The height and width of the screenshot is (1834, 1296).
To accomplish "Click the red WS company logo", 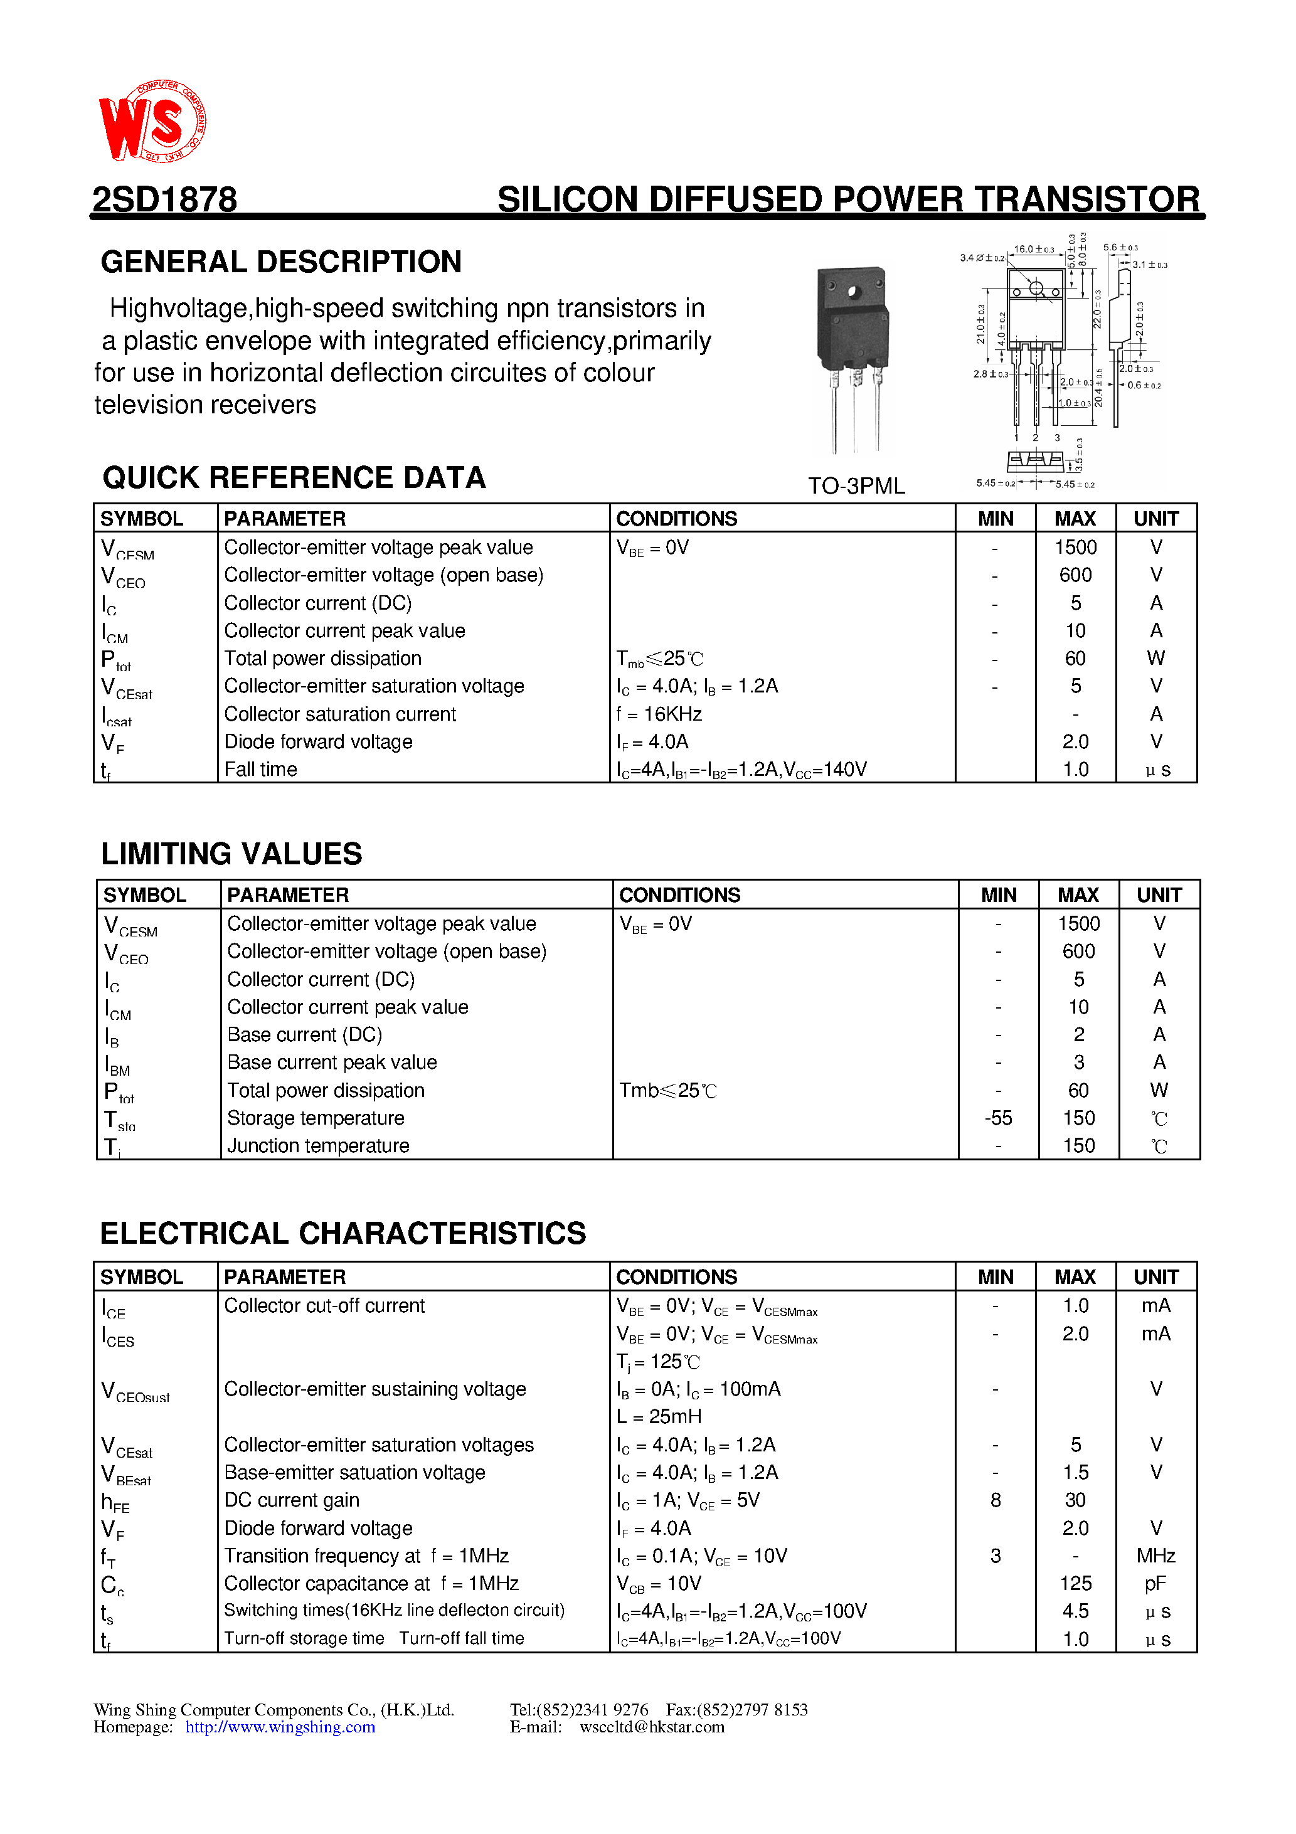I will (x=152, y=122).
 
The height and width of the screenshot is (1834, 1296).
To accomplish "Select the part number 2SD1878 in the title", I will (x=164, y=199).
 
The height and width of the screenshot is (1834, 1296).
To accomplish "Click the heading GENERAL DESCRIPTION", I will (x=281, y=262).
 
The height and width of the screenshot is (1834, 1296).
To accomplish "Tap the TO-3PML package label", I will (x=856, y=485).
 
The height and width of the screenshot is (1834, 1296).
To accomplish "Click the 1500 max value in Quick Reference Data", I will (x=1075, y=548).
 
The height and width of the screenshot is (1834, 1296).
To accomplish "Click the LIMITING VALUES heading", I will (x=231, y=854).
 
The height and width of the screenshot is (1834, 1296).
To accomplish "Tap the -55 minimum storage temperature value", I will (x=998, y=1118).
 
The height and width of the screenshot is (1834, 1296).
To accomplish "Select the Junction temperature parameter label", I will (x=318, y=1147).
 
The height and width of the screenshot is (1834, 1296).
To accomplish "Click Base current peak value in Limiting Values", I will (x=332, y=1063).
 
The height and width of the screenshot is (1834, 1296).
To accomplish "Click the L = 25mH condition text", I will (x=659, y=1417).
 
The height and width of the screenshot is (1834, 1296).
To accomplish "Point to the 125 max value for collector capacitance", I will (x=1075, y=1583).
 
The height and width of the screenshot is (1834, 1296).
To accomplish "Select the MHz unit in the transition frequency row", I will (x=1155, y=1556).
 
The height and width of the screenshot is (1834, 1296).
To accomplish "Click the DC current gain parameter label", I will (x=292, y=1500).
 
